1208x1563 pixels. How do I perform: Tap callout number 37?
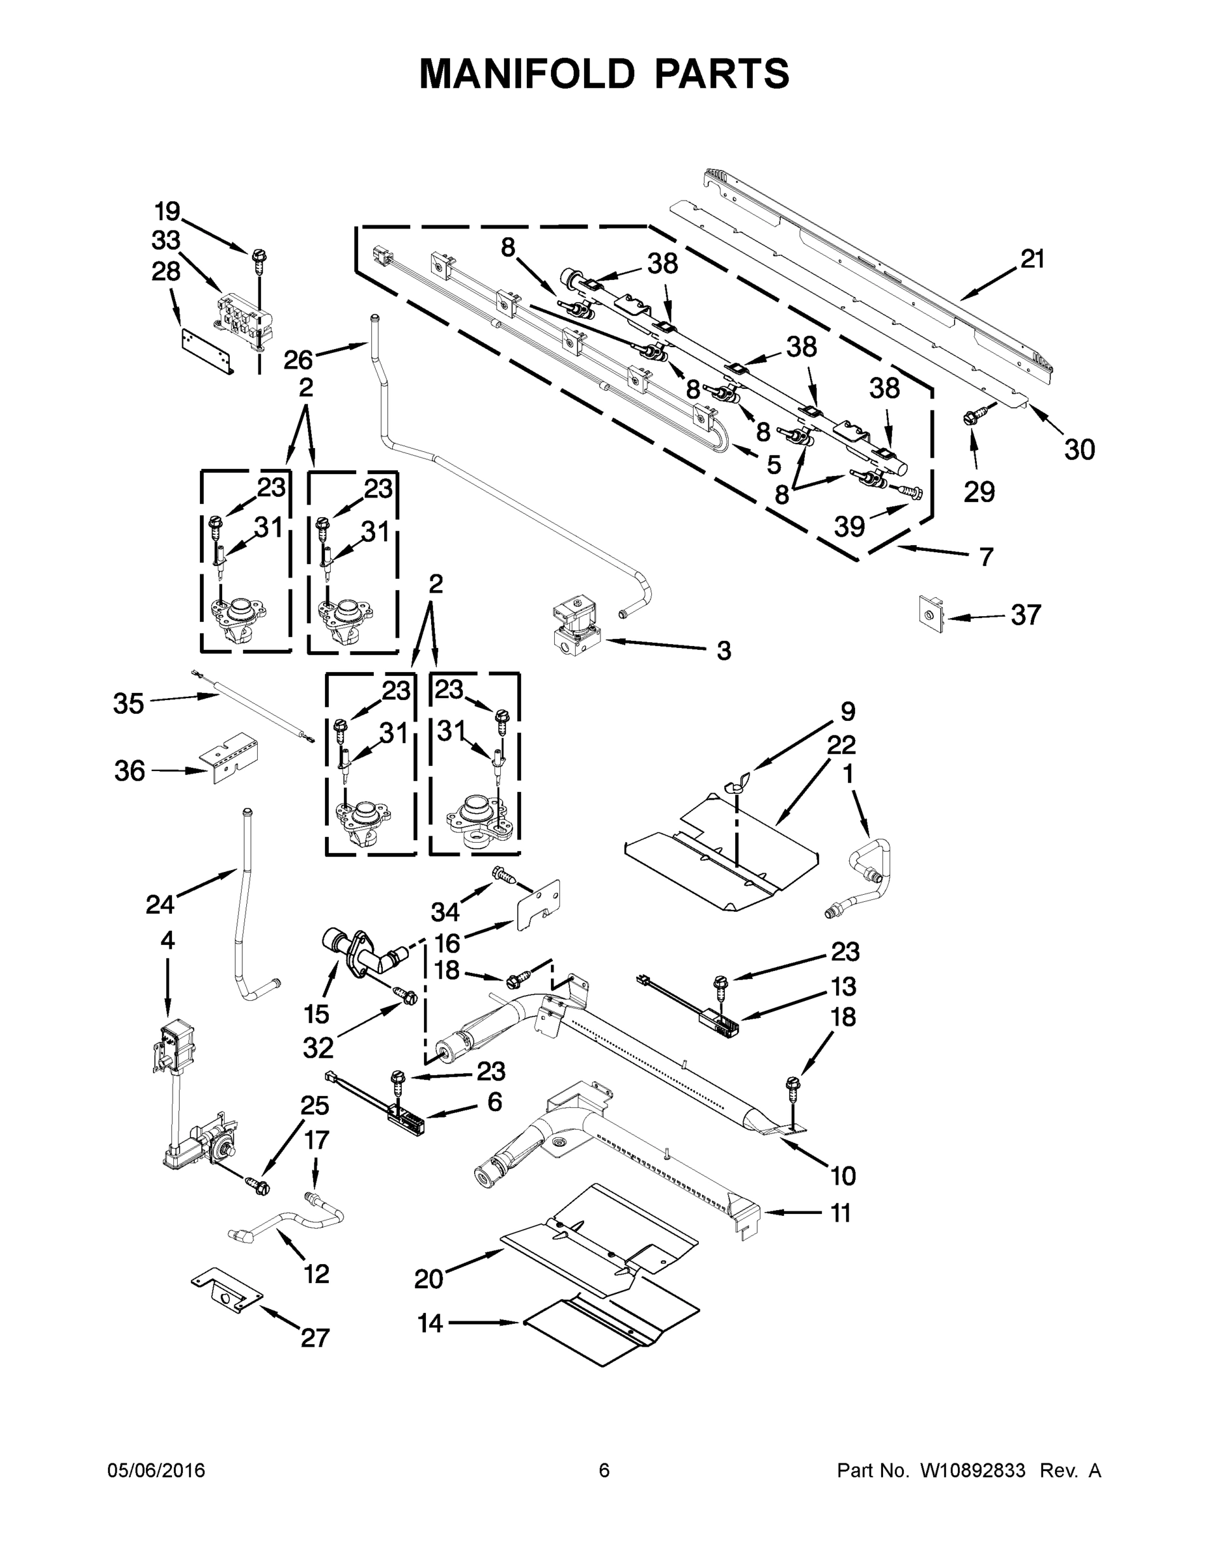1026,615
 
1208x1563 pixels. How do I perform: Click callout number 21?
1032,259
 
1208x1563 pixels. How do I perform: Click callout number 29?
979,492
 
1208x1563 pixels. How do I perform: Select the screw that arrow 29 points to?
976,414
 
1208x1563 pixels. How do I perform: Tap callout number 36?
130,771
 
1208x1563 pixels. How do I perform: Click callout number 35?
129,703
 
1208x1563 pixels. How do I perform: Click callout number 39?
849,527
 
